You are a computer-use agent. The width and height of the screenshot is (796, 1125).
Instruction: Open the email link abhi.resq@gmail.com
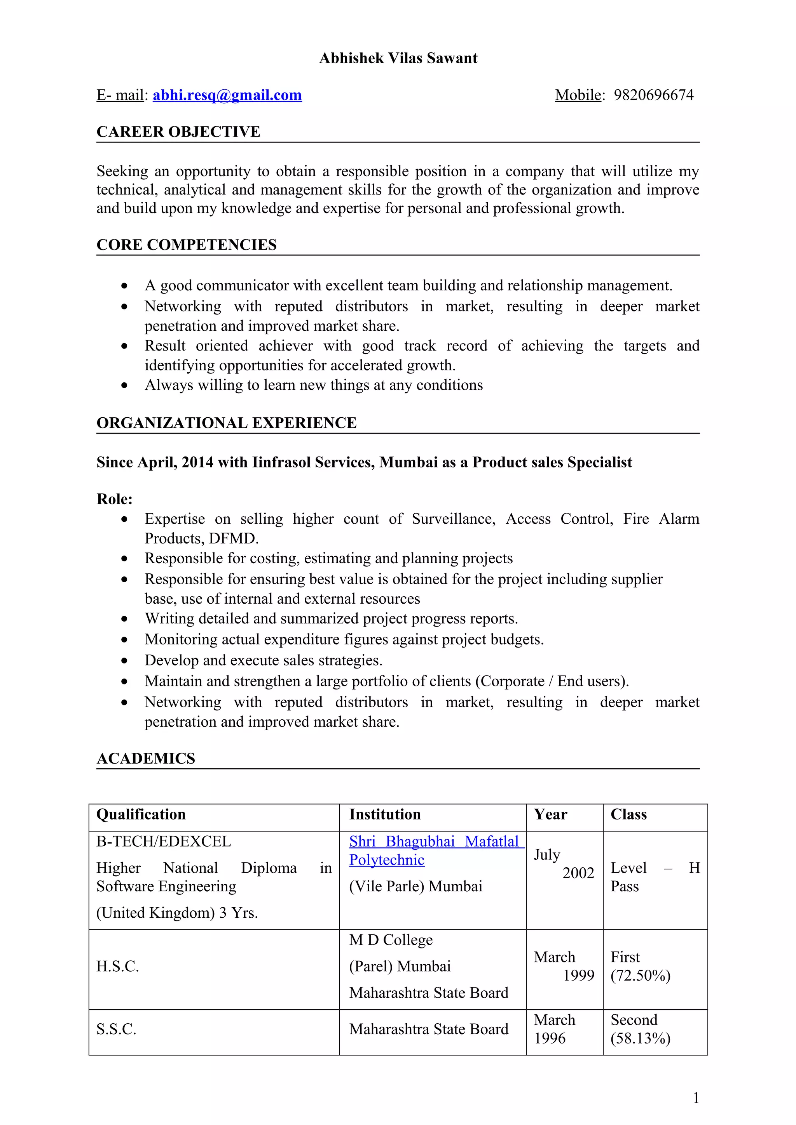[227, 95]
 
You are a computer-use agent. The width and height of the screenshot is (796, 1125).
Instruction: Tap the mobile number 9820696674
[653, 95]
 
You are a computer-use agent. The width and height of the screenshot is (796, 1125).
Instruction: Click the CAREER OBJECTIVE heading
[178, 132]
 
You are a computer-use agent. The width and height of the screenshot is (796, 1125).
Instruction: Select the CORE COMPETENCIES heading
[187, 245]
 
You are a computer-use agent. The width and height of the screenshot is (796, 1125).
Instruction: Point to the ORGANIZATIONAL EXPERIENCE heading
[226, 423]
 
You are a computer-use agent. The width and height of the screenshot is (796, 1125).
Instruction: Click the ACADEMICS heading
[146, 759]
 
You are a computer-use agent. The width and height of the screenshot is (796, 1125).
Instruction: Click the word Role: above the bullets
[114, 499]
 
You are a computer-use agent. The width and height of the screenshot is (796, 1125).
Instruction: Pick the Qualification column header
[141, 814]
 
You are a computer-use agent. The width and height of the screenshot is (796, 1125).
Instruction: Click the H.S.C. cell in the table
[118, 966]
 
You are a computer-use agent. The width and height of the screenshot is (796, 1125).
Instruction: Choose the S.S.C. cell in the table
[116, 1030]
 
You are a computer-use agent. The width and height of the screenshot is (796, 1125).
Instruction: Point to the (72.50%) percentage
[640, 976]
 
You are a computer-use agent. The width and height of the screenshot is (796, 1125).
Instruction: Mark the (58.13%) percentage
[640, 1038]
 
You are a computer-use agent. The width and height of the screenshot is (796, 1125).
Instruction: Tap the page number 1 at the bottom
[695, 1098]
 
